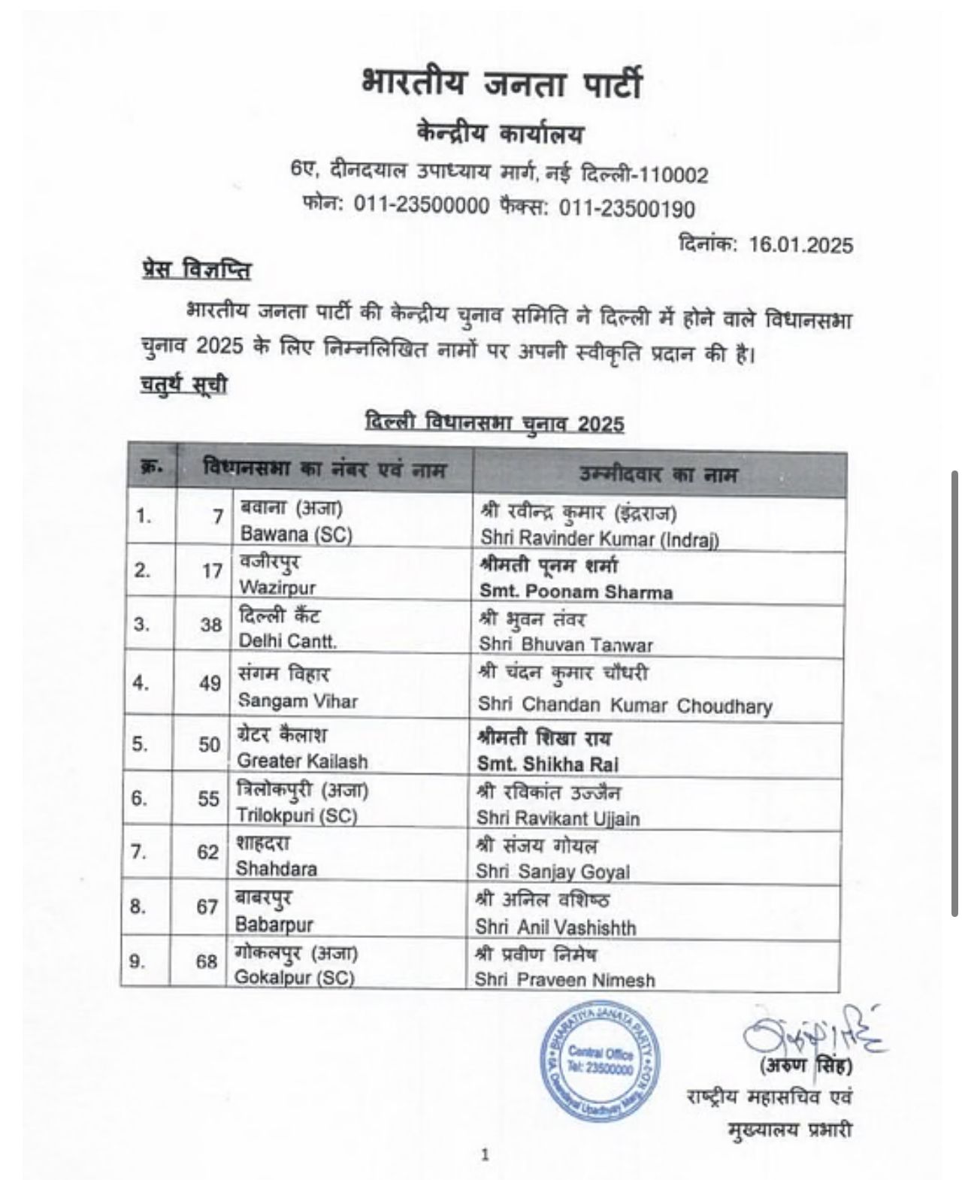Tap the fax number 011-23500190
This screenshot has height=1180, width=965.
pos(627,208)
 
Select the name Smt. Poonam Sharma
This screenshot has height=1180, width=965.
pos(576,592)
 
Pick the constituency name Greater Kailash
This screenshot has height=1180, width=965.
pos(302,761)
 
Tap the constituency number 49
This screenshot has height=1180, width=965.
pos(210,684)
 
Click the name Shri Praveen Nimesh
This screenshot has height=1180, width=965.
pos(564,980)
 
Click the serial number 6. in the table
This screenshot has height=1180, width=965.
pos(139,798)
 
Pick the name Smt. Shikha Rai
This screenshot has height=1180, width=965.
pos(549,764)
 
